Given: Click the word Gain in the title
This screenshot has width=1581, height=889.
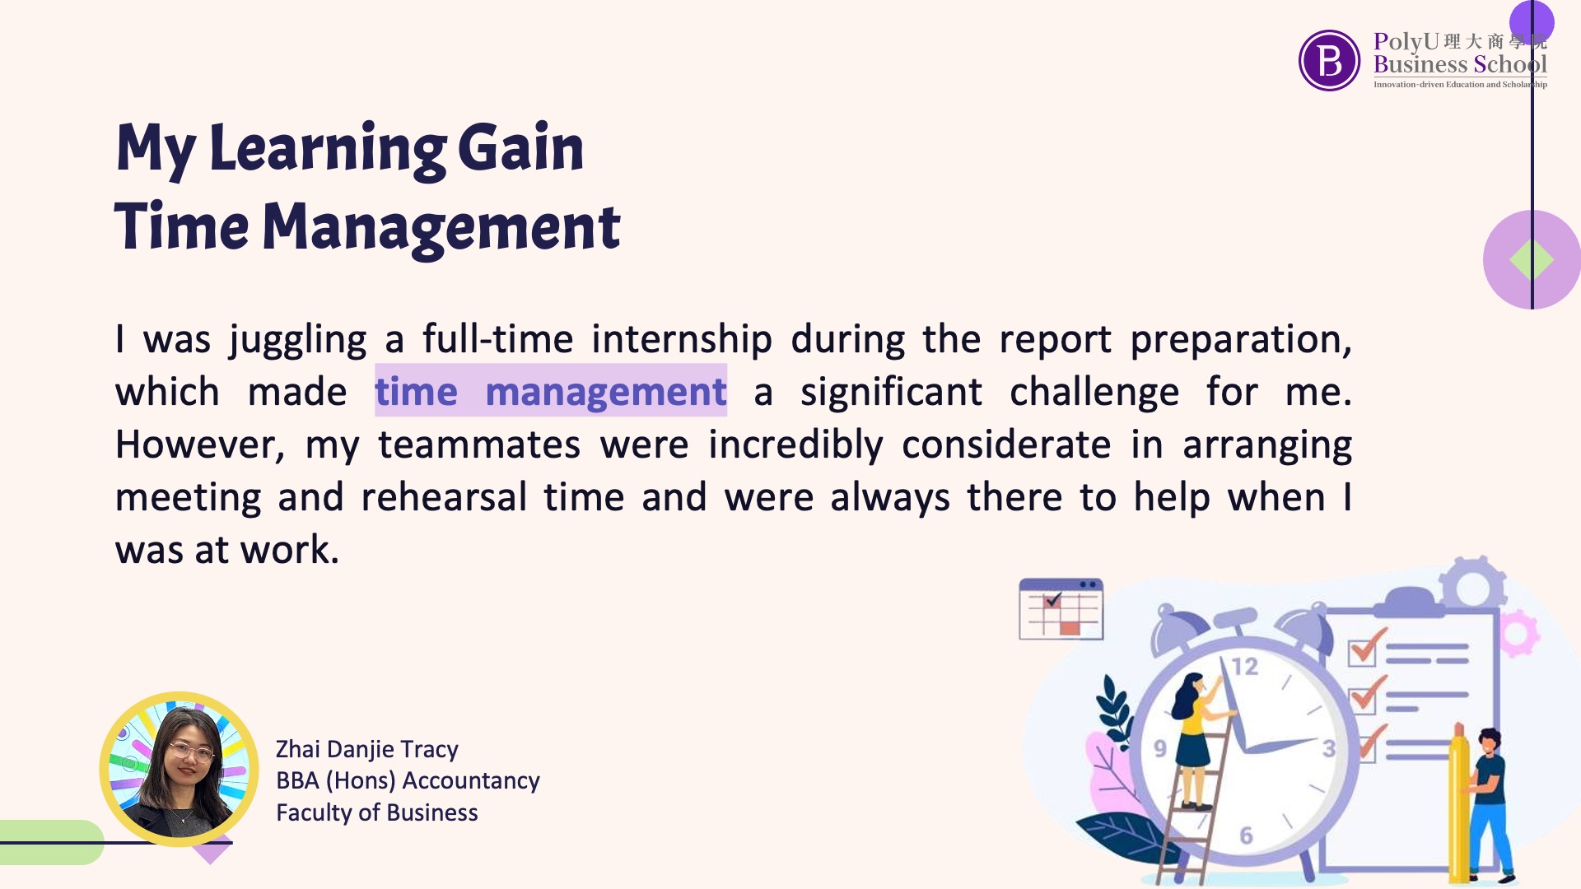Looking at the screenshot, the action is [x=520, y=148].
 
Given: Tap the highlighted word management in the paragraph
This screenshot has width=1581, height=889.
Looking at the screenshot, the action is [x=606, y=393].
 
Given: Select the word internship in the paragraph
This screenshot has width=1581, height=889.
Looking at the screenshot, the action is [x=682, y=339].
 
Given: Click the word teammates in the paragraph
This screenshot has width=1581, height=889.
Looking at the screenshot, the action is [x=479, y=444].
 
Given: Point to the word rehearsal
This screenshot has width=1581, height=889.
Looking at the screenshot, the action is [x=444, y=497].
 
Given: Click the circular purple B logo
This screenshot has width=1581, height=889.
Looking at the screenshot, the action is [x=1329, y=60].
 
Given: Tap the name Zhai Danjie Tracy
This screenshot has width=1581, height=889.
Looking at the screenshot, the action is [x=366, y=749].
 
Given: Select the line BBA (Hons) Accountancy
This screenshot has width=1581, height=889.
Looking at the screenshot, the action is [x=408, y=780].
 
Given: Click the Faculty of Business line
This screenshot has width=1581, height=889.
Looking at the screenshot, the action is [x=376, y=812].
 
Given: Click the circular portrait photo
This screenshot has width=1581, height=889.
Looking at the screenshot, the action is [x=180, y=769].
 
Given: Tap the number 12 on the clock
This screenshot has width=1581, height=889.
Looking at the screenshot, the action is [x=1244, y=666].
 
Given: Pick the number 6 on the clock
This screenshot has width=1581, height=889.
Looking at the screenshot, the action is [x=1246, y=835].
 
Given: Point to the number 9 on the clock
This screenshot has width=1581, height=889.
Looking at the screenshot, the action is [x=1160, y=748].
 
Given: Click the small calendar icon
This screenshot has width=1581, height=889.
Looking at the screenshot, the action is [x=1061, y=609].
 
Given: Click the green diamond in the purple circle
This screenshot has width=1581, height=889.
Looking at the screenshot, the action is [x=1532, y=260].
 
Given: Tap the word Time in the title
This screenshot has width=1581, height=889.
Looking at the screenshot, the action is [x=181, y=227].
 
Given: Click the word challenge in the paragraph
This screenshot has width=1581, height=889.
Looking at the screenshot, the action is [x=1094, y=393].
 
